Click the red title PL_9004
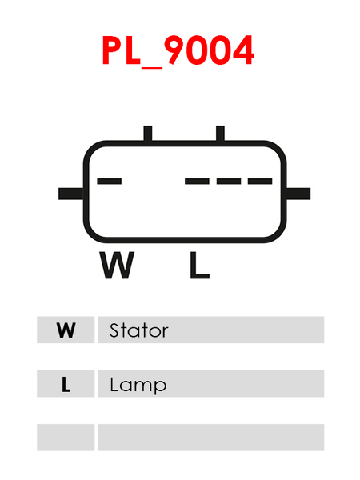tap(178, 50)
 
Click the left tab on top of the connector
tap(148, 134)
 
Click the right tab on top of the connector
tap(220, 134)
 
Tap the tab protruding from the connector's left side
tap(70, 194)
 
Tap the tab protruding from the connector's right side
tap(298, 194)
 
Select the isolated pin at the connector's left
tap(110, 182)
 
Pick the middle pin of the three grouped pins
tap(229, 182)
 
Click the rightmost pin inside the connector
tap(260, 182)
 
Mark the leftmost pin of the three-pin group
tap(197, 182)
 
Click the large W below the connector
tap(117, 265)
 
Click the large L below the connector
tap(199, 265)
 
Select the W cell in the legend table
tap(66, 330)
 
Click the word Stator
tap(138, 330)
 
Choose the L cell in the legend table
tap(66, 383)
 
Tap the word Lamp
tap(138, 385)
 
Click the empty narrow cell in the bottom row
tap(66, 438)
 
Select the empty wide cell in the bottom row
tap(211, 438)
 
